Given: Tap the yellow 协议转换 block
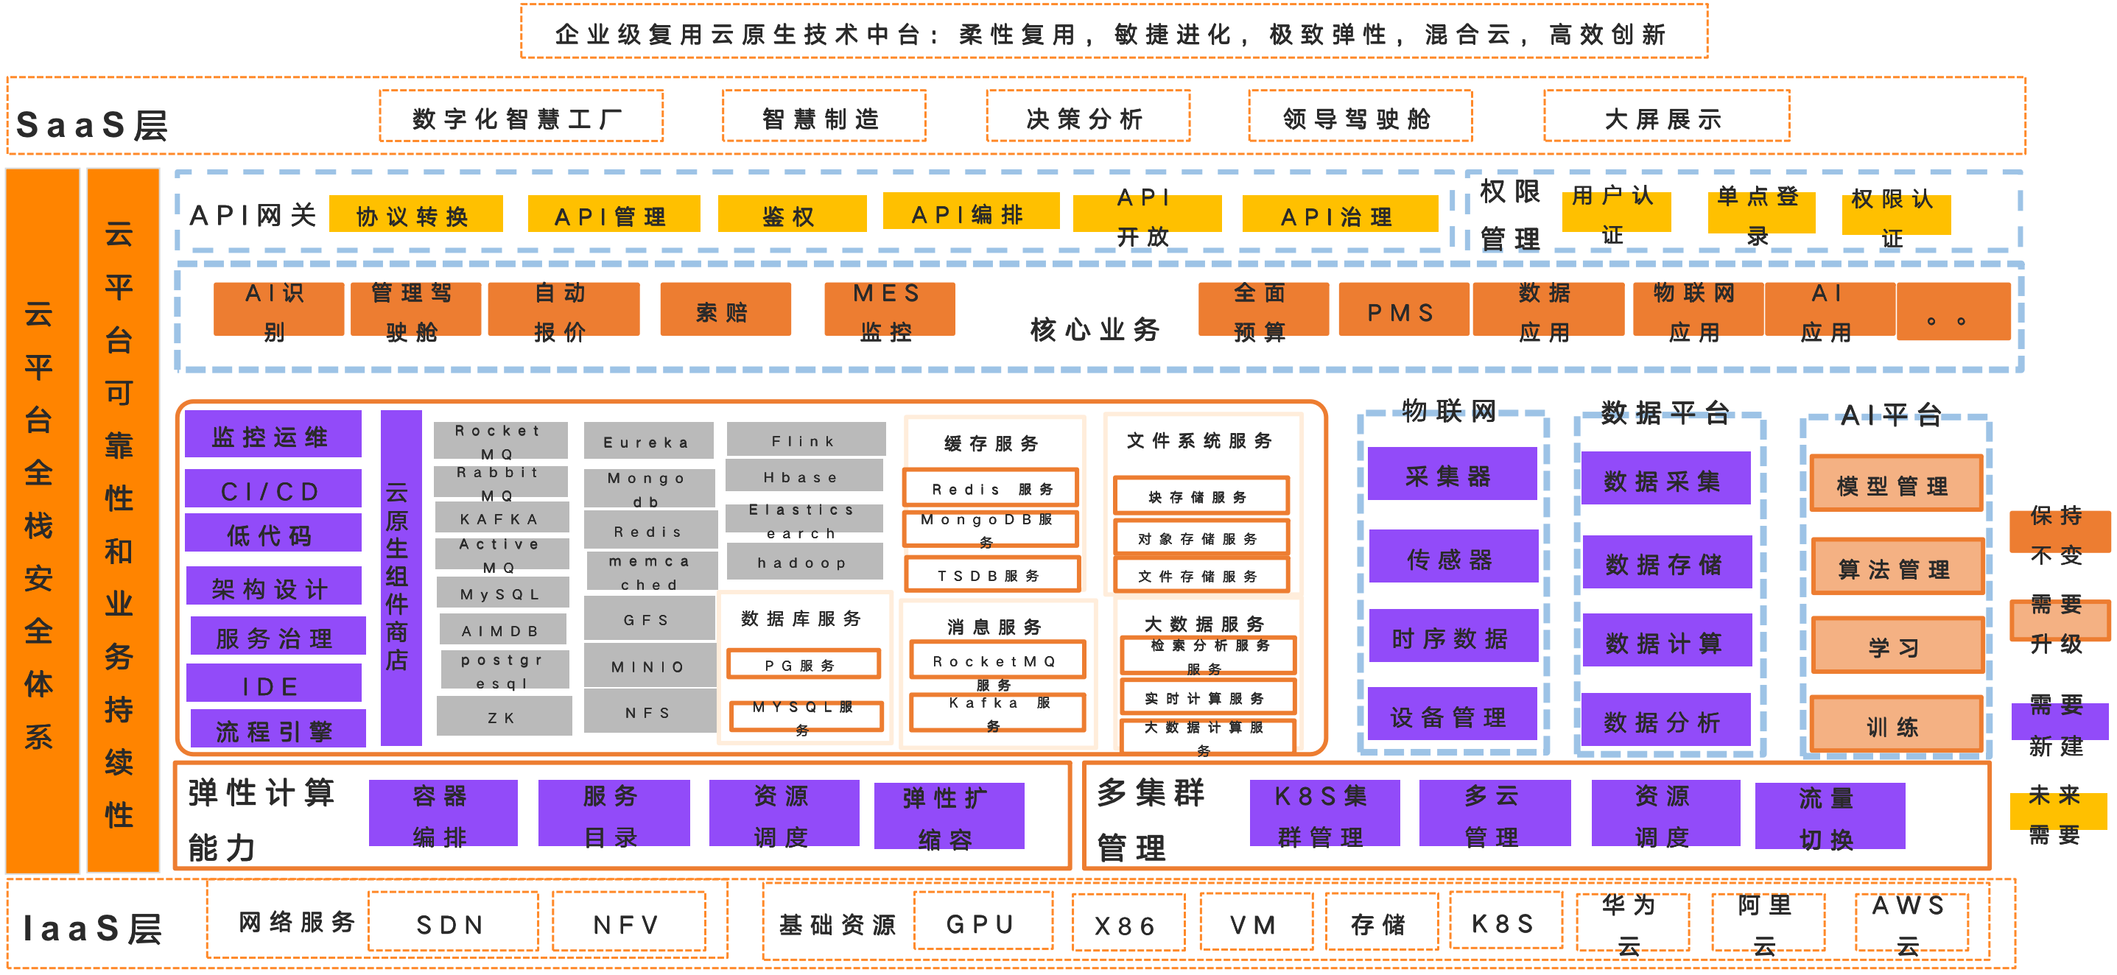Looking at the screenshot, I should tap(415, 214).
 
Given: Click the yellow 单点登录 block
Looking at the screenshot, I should tap(1760, 214).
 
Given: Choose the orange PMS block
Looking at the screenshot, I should tap(1402, 311).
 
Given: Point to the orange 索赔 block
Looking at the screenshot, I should tap(725, 310).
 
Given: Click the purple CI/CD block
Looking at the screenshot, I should tap(273, 490).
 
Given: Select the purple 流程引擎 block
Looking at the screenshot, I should tap(277, 728).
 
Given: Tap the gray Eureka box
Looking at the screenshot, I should tap(648, 441).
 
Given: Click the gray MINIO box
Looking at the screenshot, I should tap(648, 666).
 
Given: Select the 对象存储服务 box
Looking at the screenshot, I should tap(1200, 538).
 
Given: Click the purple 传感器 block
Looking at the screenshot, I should tap(1452, 557).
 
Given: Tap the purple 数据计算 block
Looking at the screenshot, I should tap(1665, 641).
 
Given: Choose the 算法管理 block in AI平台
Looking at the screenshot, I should tap(1896, 568).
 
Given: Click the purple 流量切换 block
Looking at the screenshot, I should tap(1830, 816).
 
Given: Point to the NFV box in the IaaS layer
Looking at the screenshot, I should tap(628, 923).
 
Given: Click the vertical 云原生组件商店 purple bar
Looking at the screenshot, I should tap(400, 577).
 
